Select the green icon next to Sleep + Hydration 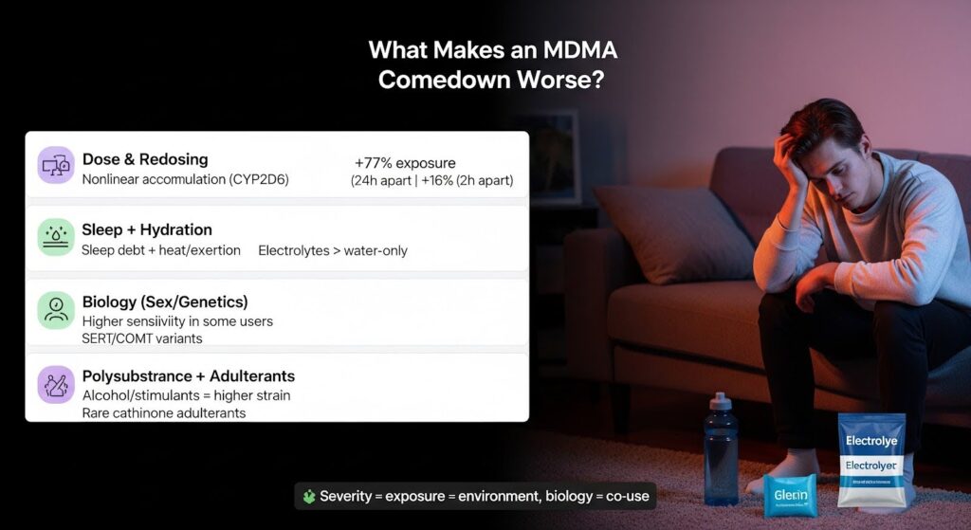pos(55,237)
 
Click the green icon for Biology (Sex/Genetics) pos(55,310)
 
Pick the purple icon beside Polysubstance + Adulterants pos(55,385)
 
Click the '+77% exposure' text pos(405,163)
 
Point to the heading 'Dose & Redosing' pos(145,159)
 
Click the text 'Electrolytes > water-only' pos(333,250)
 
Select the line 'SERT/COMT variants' pos(142,338)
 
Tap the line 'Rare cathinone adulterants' pos(164,412)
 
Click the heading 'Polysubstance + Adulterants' pos(189,376)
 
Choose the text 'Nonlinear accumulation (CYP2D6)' pos(186,179)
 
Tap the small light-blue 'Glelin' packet pos(789,495)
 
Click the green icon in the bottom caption pos(308,496)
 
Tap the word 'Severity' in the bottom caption pos(347,496)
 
